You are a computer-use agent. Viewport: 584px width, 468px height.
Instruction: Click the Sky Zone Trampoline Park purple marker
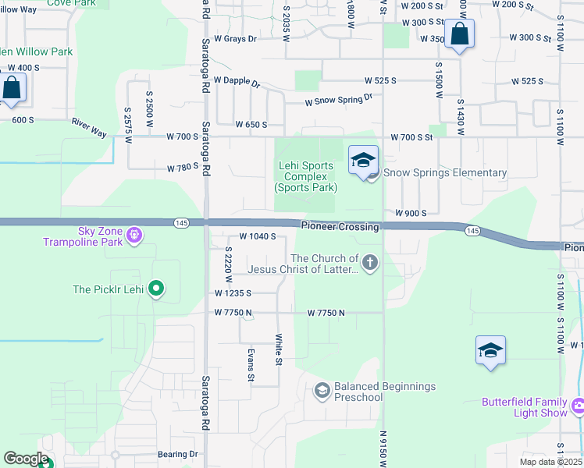tap(134, 234)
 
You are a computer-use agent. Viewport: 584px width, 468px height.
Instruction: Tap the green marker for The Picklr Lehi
tap(156, 289)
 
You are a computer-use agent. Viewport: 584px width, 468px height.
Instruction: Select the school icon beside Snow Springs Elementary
tap(363, 161)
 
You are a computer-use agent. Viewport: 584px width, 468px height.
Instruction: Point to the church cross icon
tap(370, 264)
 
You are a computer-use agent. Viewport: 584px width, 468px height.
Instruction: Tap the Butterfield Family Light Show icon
tap(579, 406)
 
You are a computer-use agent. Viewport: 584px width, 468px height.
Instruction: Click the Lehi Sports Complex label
tap(305, 176)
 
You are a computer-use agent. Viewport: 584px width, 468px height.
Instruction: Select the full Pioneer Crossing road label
tap(340, 226)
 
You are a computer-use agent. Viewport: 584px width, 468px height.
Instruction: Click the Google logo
tap(25, 459)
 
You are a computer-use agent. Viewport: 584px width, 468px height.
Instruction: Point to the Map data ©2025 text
tap(550, 462)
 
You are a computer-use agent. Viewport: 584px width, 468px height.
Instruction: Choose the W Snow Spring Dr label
tap(339, 99)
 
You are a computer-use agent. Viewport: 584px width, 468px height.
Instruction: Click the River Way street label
tap(88, 128)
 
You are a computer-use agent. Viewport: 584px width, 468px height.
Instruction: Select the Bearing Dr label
tap(177, 454)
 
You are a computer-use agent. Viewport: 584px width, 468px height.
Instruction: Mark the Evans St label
tap(251, 365)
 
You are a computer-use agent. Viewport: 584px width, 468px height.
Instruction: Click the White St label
tap(278, 349)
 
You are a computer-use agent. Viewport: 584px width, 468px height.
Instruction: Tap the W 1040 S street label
tap(258, 236)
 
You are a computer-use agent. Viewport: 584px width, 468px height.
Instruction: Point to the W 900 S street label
tap(411, 213)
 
